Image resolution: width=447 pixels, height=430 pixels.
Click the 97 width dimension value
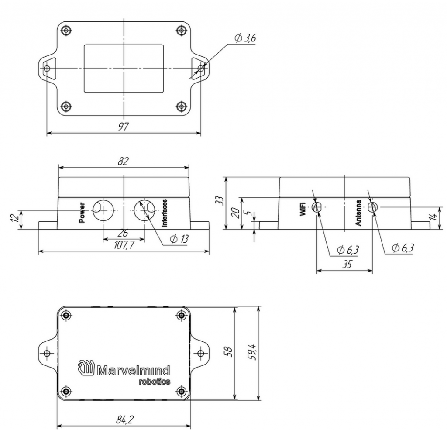124,127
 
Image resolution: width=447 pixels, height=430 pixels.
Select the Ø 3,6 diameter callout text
245,38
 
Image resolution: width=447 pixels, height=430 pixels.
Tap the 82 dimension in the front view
123,161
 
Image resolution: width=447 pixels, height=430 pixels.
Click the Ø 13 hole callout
178,239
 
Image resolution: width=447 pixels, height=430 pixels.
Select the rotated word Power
82,213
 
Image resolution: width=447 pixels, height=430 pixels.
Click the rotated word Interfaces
165,213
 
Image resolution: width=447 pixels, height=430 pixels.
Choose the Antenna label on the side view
358,213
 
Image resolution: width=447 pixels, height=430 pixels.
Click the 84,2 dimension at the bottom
124,420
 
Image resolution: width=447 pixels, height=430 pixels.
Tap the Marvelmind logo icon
86,367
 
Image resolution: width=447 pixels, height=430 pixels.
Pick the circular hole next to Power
103,210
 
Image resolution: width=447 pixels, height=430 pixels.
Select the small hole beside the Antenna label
372,207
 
